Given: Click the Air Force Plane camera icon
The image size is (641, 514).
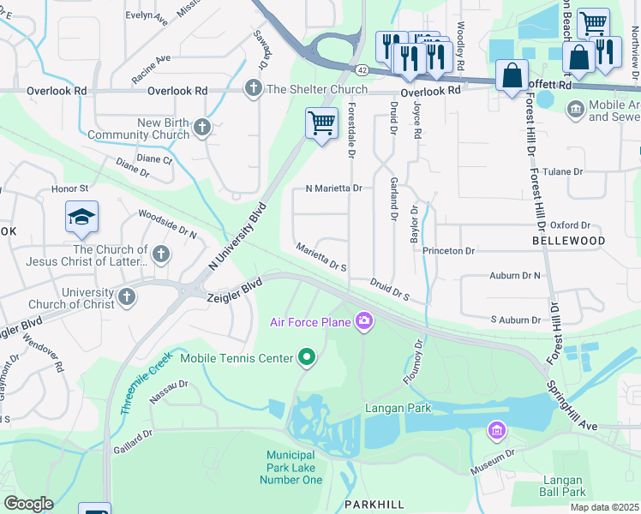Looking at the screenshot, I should [365, 321].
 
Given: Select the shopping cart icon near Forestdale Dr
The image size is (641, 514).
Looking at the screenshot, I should [321, 123].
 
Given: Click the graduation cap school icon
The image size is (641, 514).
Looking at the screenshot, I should [81, 218].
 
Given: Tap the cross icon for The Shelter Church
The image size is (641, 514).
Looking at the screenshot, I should [253, 88].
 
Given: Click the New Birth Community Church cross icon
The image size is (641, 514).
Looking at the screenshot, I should [201, 128].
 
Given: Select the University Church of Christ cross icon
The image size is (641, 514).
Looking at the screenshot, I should [127, 297].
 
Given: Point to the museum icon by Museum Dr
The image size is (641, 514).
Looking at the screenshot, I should [496, 428].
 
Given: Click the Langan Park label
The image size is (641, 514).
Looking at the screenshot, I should [398, 409].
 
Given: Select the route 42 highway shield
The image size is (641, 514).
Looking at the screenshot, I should [363, 68].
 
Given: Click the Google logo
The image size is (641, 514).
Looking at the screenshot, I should [28, 503].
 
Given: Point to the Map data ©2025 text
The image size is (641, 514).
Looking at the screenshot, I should [604, 507].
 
